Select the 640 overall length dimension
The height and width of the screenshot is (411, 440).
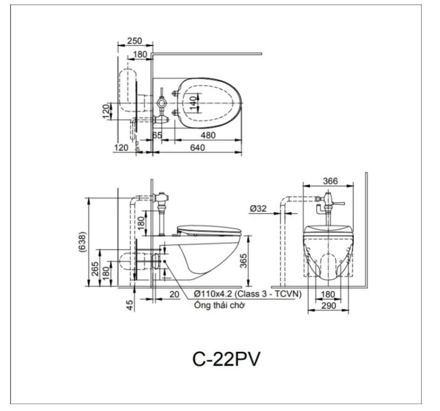[197, 148]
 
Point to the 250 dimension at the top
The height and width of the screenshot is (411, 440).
[134, 41]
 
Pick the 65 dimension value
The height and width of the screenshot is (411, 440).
[157, 135]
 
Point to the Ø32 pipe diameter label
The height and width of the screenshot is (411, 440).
[259, 209]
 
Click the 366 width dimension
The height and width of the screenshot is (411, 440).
[330, 181]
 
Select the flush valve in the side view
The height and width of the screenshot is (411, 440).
[162, 201]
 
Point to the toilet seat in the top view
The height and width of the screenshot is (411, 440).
[207, 104]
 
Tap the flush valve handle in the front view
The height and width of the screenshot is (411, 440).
[339, 203]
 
